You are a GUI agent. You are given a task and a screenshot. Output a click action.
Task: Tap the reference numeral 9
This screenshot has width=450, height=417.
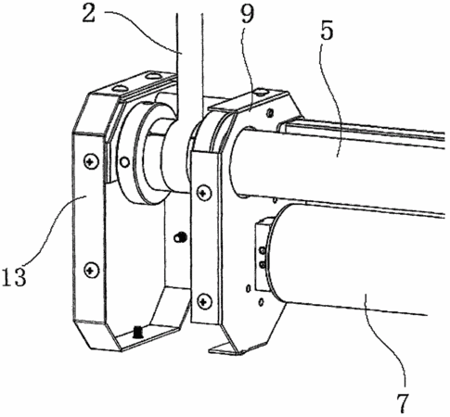point(248,13)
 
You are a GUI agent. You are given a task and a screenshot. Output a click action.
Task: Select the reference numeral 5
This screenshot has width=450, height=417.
point(327,30)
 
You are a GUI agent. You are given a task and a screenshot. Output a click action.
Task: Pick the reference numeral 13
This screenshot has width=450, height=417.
point(13,276)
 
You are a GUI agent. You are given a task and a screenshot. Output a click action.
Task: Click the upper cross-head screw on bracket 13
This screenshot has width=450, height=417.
point(91,161)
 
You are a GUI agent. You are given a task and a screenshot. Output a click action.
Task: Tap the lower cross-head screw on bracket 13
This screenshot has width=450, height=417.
point(91,270)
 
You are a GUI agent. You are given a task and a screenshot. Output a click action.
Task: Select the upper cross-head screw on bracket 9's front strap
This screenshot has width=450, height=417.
point(204,193)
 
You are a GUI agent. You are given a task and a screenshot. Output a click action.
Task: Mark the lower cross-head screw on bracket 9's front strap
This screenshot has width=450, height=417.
point(204,300)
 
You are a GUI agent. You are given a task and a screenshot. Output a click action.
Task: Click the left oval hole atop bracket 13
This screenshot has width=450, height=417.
point(120,88)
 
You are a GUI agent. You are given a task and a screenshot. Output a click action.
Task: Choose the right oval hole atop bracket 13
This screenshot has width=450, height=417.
point(151,75)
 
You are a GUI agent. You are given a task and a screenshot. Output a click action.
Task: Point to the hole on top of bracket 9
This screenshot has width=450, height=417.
point(262,92)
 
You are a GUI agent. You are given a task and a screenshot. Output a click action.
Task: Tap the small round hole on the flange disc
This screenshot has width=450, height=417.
point(124,162)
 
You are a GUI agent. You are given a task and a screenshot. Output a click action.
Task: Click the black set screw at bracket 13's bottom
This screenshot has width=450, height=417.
point(137,332)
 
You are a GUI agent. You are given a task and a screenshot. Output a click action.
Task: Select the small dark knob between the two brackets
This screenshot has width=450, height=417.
point(180,237)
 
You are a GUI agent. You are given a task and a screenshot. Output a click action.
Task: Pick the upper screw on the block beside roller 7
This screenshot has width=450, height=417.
point(262,250)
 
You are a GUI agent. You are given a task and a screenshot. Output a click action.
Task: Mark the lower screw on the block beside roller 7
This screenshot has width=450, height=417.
point(263,264)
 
